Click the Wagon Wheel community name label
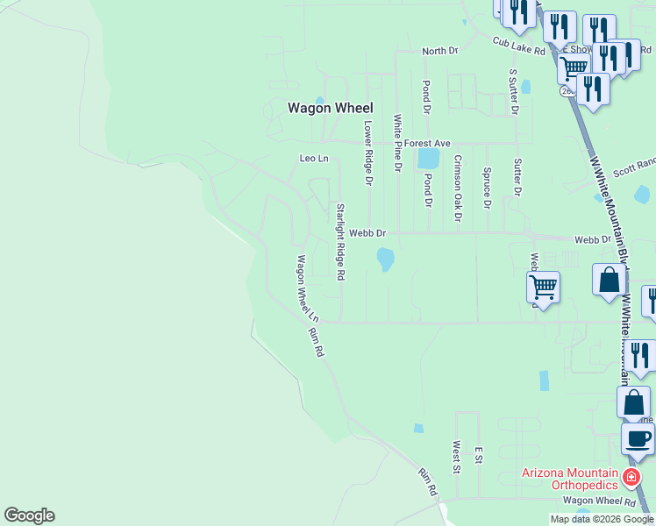coord(331,108)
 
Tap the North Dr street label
coord(440,52)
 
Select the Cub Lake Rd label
coord(518,46)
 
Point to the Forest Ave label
coord(427,143)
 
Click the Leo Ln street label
coord(313,159)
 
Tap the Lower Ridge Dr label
coord(368,153)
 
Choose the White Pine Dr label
coord(397,142)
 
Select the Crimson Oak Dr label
coord(457,188)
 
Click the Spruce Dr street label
coord(486,188)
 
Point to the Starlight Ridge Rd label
coord(339,242)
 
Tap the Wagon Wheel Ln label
coord(307,288)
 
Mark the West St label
coord(456,456)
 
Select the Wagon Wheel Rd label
coord(599,501)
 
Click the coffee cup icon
coord(638,437)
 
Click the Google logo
coord(29,515)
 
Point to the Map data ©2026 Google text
coord(602,519)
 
